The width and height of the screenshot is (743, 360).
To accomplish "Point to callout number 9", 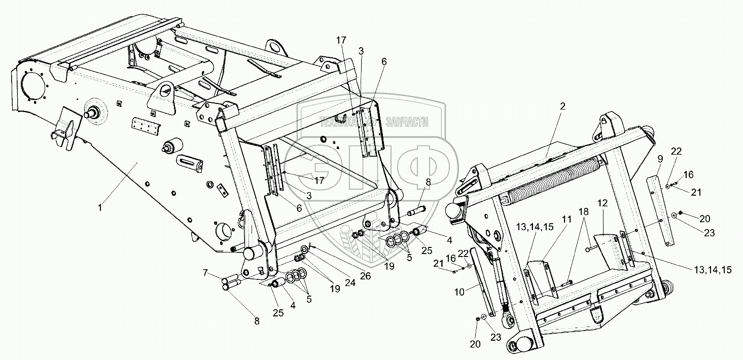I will [660, 159].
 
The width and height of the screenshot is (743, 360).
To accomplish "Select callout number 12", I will [602, 203].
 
